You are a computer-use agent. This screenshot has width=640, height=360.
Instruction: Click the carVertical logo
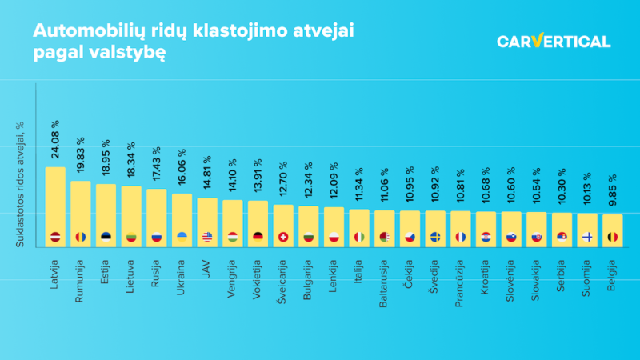coord(554,42)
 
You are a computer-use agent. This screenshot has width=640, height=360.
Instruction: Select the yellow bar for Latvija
coord(55,200)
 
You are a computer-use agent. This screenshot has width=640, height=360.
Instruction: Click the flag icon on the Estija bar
coord(106,237)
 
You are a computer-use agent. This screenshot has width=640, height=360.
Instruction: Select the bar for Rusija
coord(157,212)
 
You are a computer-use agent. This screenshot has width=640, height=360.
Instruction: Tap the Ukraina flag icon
coord(182,237)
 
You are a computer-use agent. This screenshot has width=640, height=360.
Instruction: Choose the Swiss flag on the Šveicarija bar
coord(283,237)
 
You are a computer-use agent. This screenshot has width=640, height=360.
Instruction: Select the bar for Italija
coord(359,224)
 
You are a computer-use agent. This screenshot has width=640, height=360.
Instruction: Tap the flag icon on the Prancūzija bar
coord(461,237)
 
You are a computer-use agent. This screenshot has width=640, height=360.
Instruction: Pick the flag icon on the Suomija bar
coord(587,237)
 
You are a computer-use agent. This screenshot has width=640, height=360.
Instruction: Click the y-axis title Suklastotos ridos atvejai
coord(19,183)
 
